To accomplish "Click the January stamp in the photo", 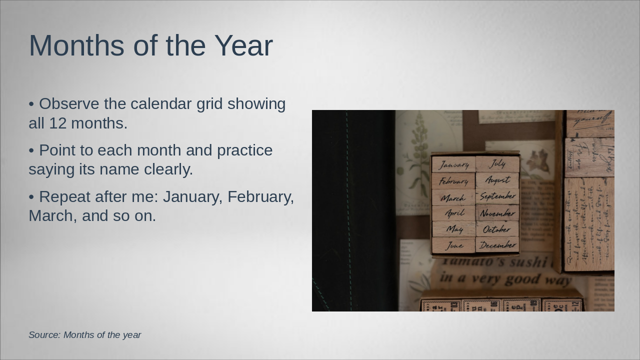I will coord(454,164).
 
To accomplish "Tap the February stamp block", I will coord(454,181).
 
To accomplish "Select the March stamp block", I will coord(454,197).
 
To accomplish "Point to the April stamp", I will coord(454,213).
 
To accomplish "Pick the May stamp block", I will coord(454,229).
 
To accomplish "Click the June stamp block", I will coord(454,245).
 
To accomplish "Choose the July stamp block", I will coord(497,163).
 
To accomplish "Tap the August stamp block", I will coord(497,180).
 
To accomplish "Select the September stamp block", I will coord(497,196).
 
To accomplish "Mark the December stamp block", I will coord(497,245).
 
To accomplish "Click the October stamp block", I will coord(497,229).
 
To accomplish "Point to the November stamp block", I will coord(497,213).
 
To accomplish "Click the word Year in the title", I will coord(243,45).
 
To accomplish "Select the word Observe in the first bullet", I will coord(69,104).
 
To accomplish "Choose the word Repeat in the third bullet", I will coord(63,197).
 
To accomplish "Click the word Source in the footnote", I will coord(44,335).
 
